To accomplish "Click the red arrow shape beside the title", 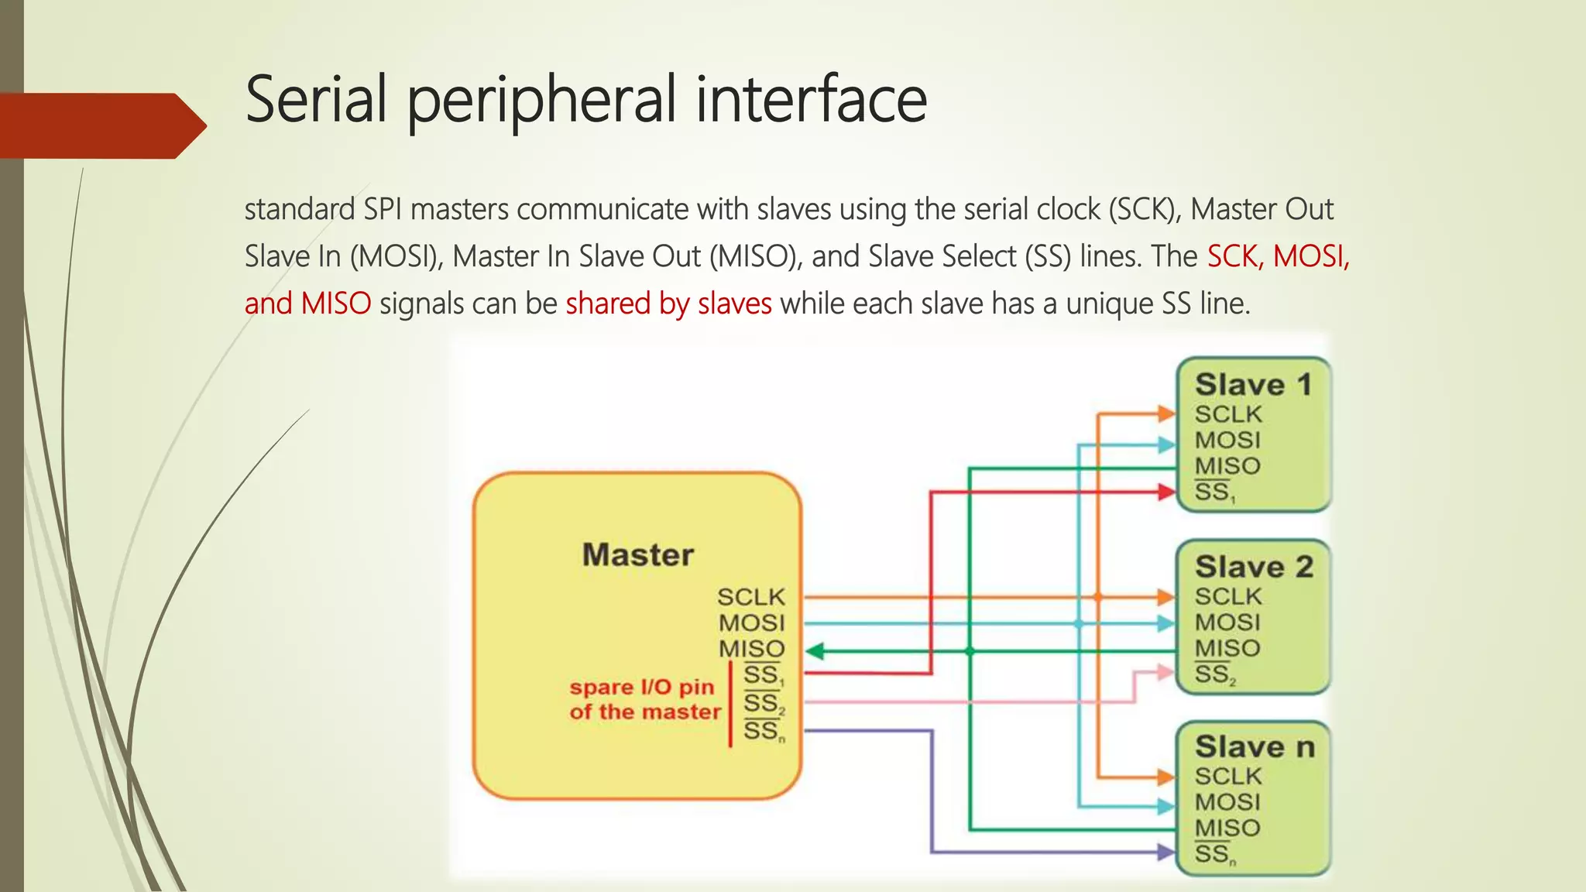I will (x=101, y=125).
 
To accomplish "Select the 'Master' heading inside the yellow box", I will (x=637, y=555).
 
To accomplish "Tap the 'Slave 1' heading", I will (x=1253, y=385).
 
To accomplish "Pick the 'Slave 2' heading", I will (x=1253, y=567).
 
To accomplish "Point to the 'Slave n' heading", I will (x=1254, y=747).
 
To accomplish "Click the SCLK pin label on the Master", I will (x=750, y=597).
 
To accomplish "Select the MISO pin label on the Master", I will (x=751, y=649).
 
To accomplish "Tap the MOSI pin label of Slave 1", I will (x=1227, y=440).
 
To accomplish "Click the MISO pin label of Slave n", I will (x=1227, y=828).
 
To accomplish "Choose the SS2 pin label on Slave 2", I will (x=1214, y=674).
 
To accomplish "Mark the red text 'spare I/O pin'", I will (x=641, y=687).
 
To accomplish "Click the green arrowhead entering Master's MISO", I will (x=815, y=651).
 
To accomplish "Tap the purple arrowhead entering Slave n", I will (x=1166, y=852).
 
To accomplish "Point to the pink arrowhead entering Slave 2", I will (x=1166, y=672).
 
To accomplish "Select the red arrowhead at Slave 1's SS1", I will (x=1166, y=491).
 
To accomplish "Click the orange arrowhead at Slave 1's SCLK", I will (x=1166, y=413).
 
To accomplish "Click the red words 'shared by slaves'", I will (x=668, y=304).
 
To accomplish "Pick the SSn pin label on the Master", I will (x=763, y=730).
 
